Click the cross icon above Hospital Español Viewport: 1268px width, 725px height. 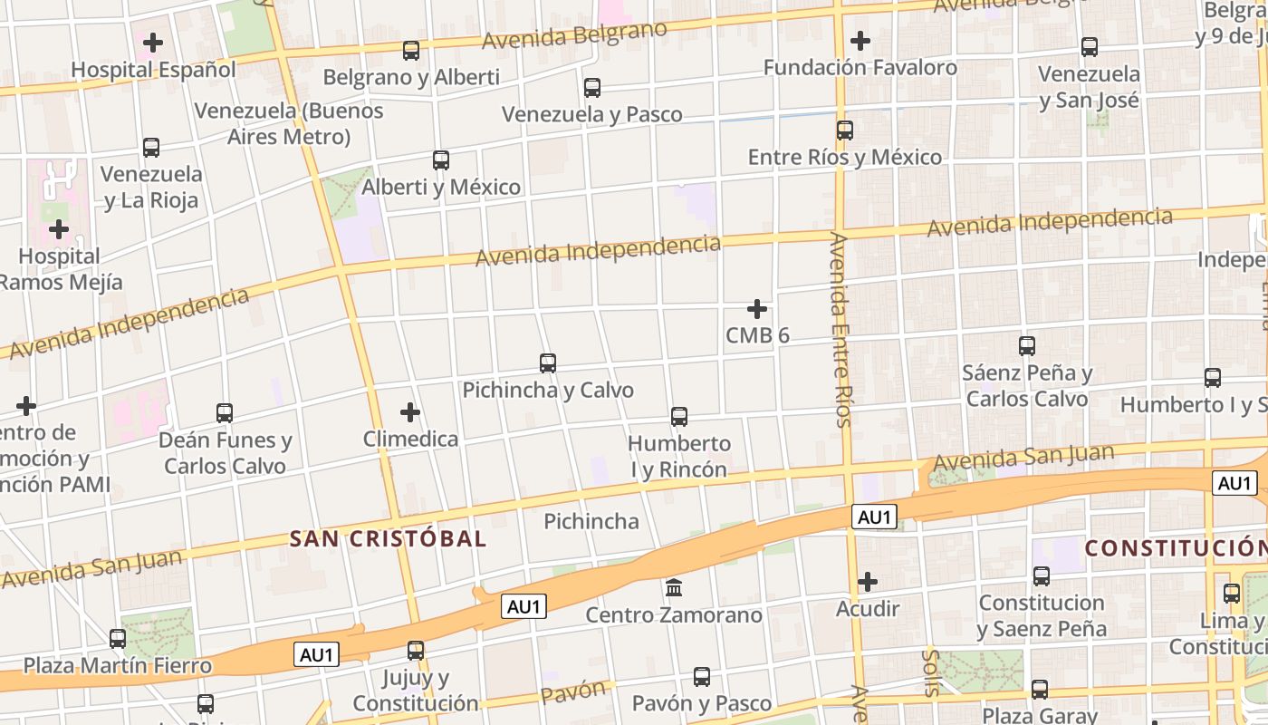(x=153, y=43)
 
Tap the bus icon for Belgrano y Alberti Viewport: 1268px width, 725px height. (x=411, y=51)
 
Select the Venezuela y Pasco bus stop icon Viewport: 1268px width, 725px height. (x=592, y=88)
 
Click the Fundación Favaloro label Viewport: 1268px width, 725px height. (x=860, y=68)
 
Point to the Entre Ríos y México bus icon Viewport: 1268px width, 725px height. (x=845, y=130)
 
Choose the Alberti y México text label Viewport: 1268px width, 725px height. (x=441, y=188)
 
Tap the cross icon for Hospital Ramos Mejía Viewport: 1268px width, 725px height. (x=59, y=229)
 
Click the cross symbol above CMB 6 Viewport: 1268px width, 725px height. (x=757, y=309)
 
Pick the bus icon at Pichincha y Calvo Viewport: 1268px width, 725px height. (x=548, y=363)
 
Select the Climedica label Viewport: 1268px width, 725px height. (x=410, y=440)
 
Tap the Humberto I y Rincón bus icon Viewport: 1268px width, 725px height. (x=679, y=417)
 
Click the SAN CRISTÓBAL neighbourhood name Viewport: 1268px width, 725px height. (x=388, y=539)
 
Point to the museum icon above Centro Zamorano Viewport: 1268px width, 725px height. (x=674, y=588)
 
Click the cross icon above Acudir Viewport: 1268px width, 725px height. (x=868, y=582)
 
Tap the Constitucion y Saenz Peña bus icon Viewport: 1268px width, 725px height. (x=1042, y=575)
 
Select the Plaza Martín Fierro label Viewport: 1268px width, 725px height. (x=117, y=666)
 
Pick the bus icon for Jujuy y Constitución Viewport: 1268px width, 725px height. (x=416, y=651)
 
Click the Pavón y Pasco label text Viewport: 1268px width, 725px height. (x=701, y=704)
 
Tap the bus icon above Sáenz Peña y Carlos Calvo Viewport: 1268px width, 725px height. (x=1027, y=346)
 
